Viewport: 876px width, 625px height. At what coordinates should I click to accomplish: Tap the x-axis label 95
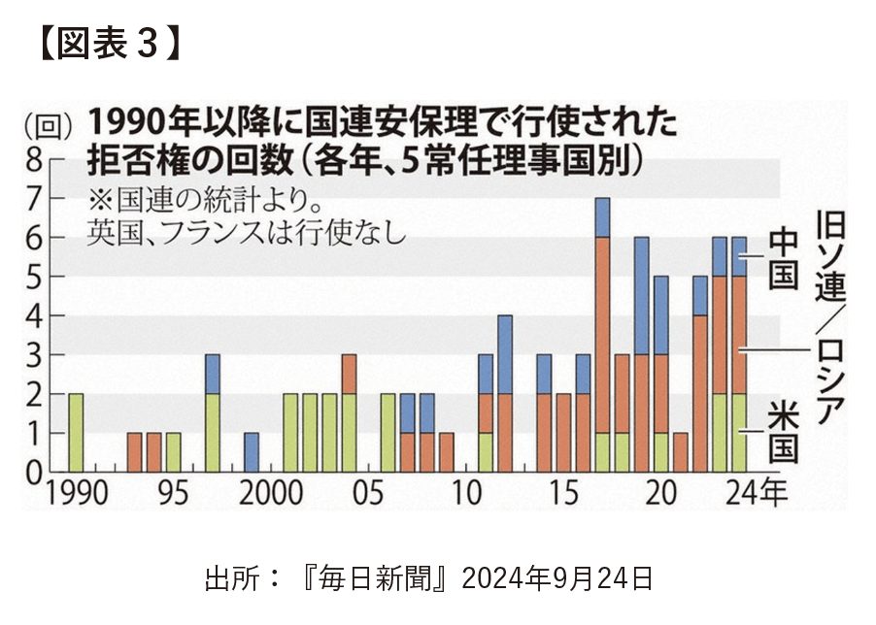coord(173,493)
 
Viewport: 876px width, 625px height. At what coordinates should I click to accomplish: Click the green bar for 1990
coord(76,433)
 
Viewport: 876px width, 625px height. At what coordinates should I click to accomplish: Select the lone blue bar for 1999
coord(252,452)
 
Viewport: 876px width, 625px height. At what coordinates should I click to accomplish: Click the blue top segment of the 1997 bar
coord(213,374)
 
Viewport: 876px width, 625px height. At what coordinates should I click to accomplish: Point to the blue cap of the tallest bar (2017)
coord(602,216)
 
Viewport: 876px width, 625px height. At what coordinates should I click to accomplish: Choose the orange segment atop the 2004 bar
coord(349,374)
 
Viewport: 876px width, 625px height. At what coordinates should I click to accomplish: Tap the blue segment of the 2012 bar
coord(505,354)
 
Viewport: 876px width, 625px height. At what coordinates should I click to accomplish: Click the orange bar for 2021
coord(680,452)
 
